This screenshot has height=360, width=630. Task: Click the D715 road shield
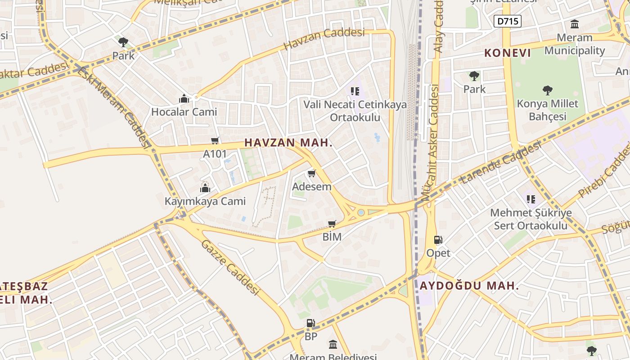507,21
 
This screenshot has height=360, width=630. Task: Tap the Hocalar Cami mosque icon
184,99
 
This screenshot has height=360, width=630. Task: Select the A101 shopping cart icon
215,141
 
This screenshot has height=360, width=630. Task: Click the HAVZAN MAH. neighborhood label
288,143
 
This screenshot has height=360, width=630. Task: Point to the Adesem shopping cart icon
311,173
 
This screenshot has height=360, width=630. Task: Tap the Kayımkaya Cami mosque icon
205,188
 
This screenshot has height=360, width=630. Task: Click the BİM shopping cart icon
332,224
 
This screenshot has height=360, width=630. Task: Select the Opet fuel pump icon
438,240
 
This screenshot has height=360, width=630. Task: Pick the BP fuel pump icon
310,323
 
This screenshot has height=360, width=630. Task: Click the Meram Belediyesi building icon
333,345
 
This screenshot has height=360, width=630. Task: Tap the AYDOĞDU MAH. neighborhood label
469,286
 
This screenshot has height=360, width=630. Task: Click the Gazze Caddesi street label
230,267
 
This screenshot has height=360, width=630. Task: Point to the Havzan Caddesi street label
324,39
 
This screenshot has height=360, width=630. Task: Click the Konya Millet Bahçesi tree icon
547,90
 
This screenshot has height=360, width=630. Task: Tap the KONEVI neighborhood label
508,53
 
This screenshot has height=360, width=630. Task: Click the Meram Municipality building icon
575,24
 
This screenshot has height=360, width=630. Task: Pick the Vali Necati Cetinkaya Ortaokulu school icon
355,91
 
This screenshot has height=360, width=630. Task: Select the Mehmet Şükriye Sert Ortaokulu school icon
531,199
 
